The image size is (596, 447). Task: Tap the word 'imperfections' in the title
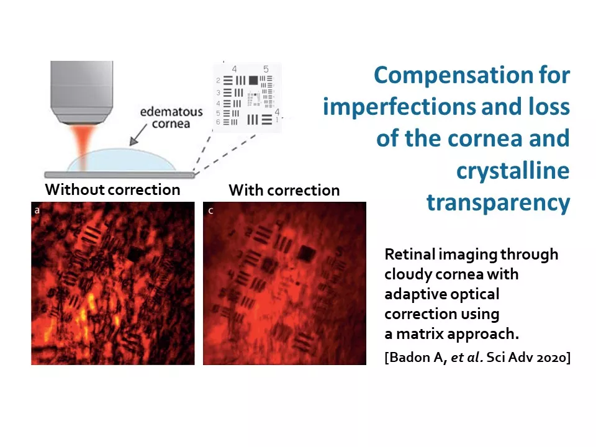[x=399, y=106]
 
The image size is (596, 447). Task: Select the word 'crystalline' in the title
[x=513, y=171]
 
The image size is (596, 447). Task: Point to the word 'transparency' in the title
[x=499, y=202]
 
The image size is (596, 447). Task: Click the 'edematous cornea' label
[x=171, y=117]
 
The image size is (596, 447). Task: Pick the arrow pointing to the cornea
[x=138, y=134]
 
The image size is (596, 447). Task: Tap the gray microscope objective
[x=82, y=92]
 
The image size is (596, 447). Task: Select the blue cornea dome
[x=122, y=160]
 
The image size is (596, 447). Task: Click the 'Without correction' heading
[x=112, y=190]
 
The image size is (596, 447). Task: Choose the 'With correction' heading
[x=284, y=190]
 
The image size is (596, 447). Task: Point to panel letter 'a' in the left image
[x=37, y=210]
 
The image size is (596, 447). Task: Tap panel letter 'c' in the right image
[x=211, y=210]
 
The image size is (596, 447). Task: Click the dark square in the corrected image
[x=306, y=253]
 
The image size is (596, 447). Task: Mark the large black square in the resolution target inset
[x=253, y=80]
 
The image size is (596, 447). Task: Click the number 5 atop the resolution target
[x=266, y=69]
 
